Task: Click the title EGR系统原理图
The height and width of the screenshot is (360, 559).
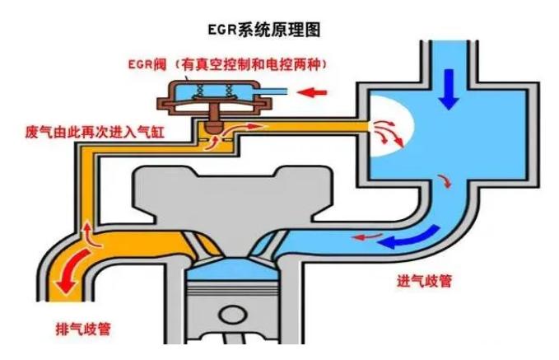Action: tap(264, 30)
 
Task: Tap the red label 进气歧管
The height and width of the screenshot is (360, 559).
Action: tap(424, 281)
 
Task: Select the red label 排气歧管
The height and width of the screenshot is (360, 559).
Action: tap(83, 329)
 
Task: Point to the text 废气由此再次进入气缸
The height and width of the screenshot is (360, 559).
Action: tap(95, 132)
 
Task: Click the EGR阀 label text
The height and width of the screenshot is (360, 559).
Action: tap(147, 64)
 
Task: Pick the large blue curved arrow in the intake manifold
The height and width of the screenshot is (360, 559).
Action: tap(410, 238)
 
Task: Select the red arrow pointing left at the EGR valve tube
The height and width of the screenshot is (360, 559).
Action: tap(312, 93)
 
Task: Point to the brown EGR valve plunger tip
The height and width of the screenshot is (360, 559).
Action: tap(214, 127)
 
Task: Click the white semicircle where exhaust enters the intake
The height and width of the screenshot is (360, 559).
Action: tap(391, 127)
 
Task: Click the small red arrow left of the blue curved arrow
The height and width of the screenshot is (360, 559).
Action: tap(366, 236)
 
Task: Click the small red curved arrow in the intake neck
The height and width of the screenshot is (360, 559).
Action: tap(445, 181)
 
